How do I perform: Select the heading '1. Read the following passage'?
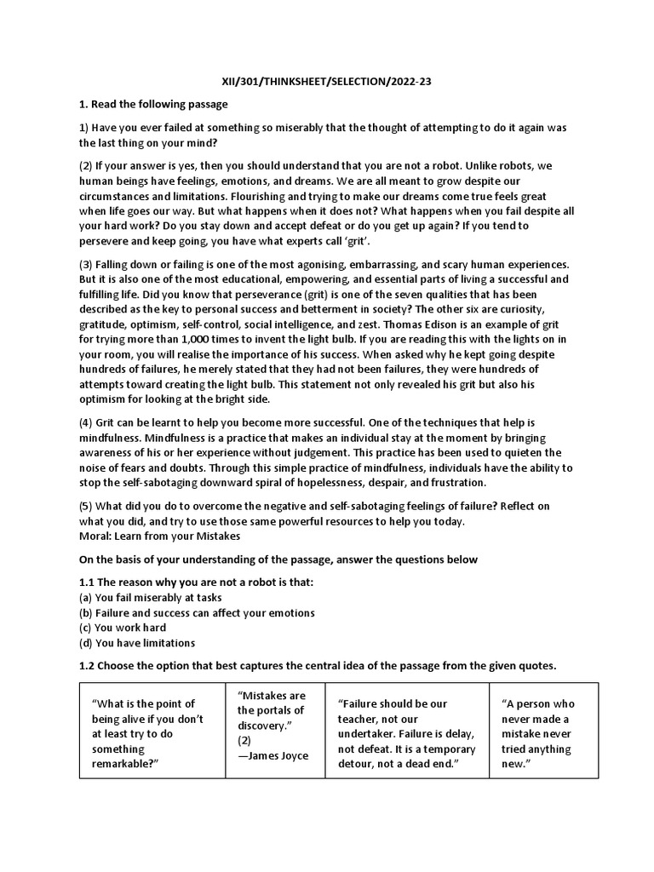click(x=153, y=104)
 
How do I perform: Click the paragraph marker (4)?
click(x=87, y=422)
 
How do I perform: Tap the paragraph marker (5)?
click(x=87, y=506)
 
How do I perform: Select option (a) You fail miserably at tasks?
click(x=150, y=597)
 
